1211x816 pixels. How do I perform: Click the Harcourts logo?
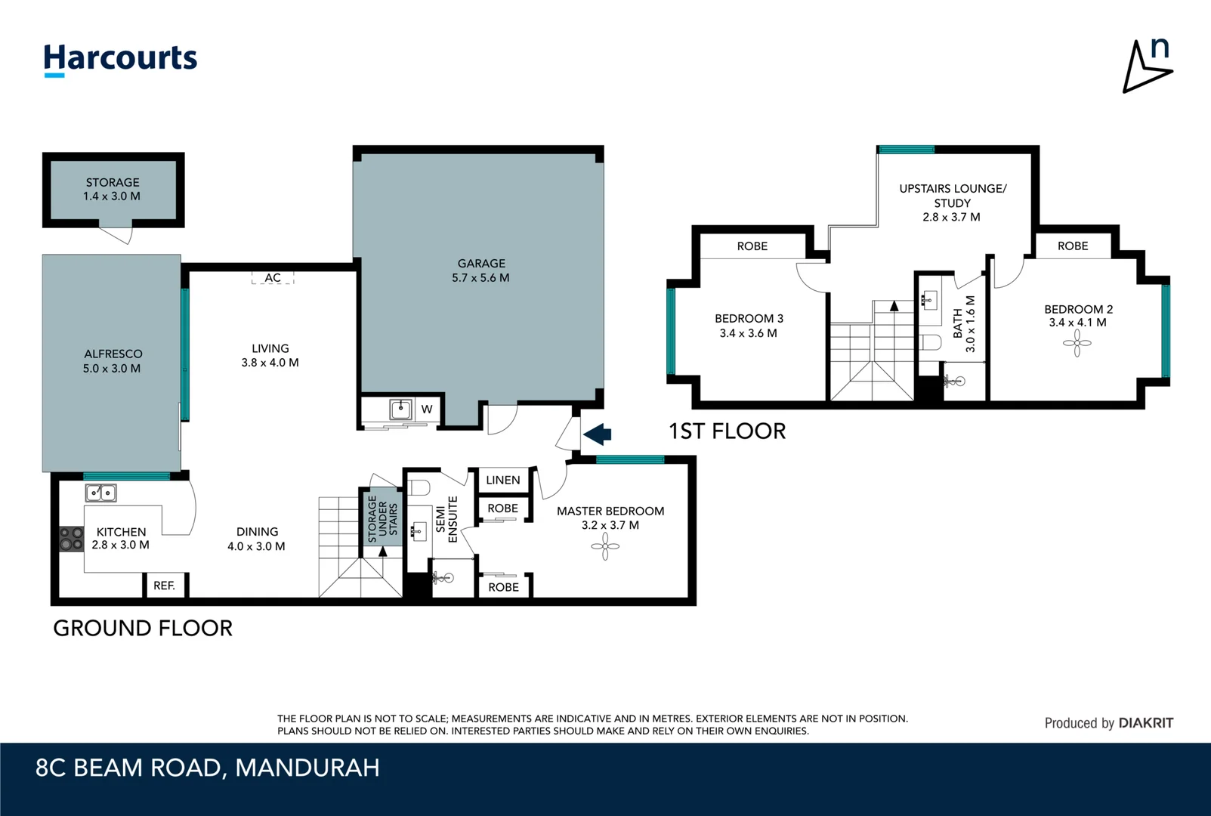tap(120, 59)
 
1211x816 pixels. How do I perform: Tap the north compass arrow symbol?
tap(1145, 68)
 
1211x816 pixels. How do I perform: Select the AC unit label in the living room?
tap(273, 278)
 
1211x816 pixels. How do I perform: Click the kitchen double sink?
tap(100, 493)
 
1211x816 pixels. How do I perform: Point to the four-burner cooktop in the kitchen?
tap(71, 539)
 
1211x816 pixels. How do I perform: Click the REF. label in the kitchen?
tap(164, 586)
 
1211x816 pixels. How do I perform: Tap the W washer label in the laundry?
tap(427, 410)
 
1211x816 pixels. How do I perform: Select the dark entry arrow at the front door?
tap(598, 434)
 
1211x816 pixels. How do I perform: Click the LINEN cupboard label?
tap(502, 480)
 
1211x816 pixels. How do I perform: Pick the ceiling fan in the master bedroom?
tap(605, 546)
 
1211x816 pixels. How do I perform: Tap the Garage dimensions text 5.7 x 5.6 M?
tap(480, 277)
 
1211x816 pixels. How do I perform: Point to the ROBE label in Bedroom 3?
tap(752, 246)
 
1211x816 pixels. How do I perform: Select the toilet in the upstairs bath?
tap(931, 342)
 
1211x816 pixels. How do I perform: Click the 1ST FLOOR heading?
tap(727, 431)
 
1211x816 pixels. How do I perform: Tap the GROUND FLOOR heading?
tap(143, 628)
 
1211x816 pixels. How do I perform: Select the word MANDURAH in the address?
tap(307, 768)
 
